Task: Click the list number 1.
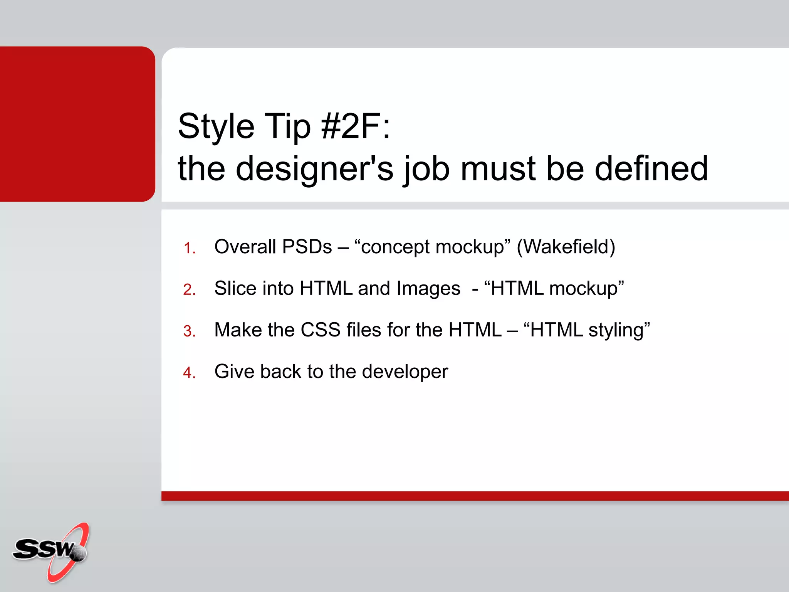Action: point(189,248)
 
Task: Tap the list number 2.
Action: point(189,289)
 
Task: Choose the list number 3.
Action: point(189,331)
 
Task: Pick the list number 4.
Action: point(189,373)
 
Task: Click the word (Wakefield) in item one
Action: point(566,247)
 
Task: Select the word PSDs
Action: point(307,247)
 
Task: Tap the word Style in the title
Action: point(216,126)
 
